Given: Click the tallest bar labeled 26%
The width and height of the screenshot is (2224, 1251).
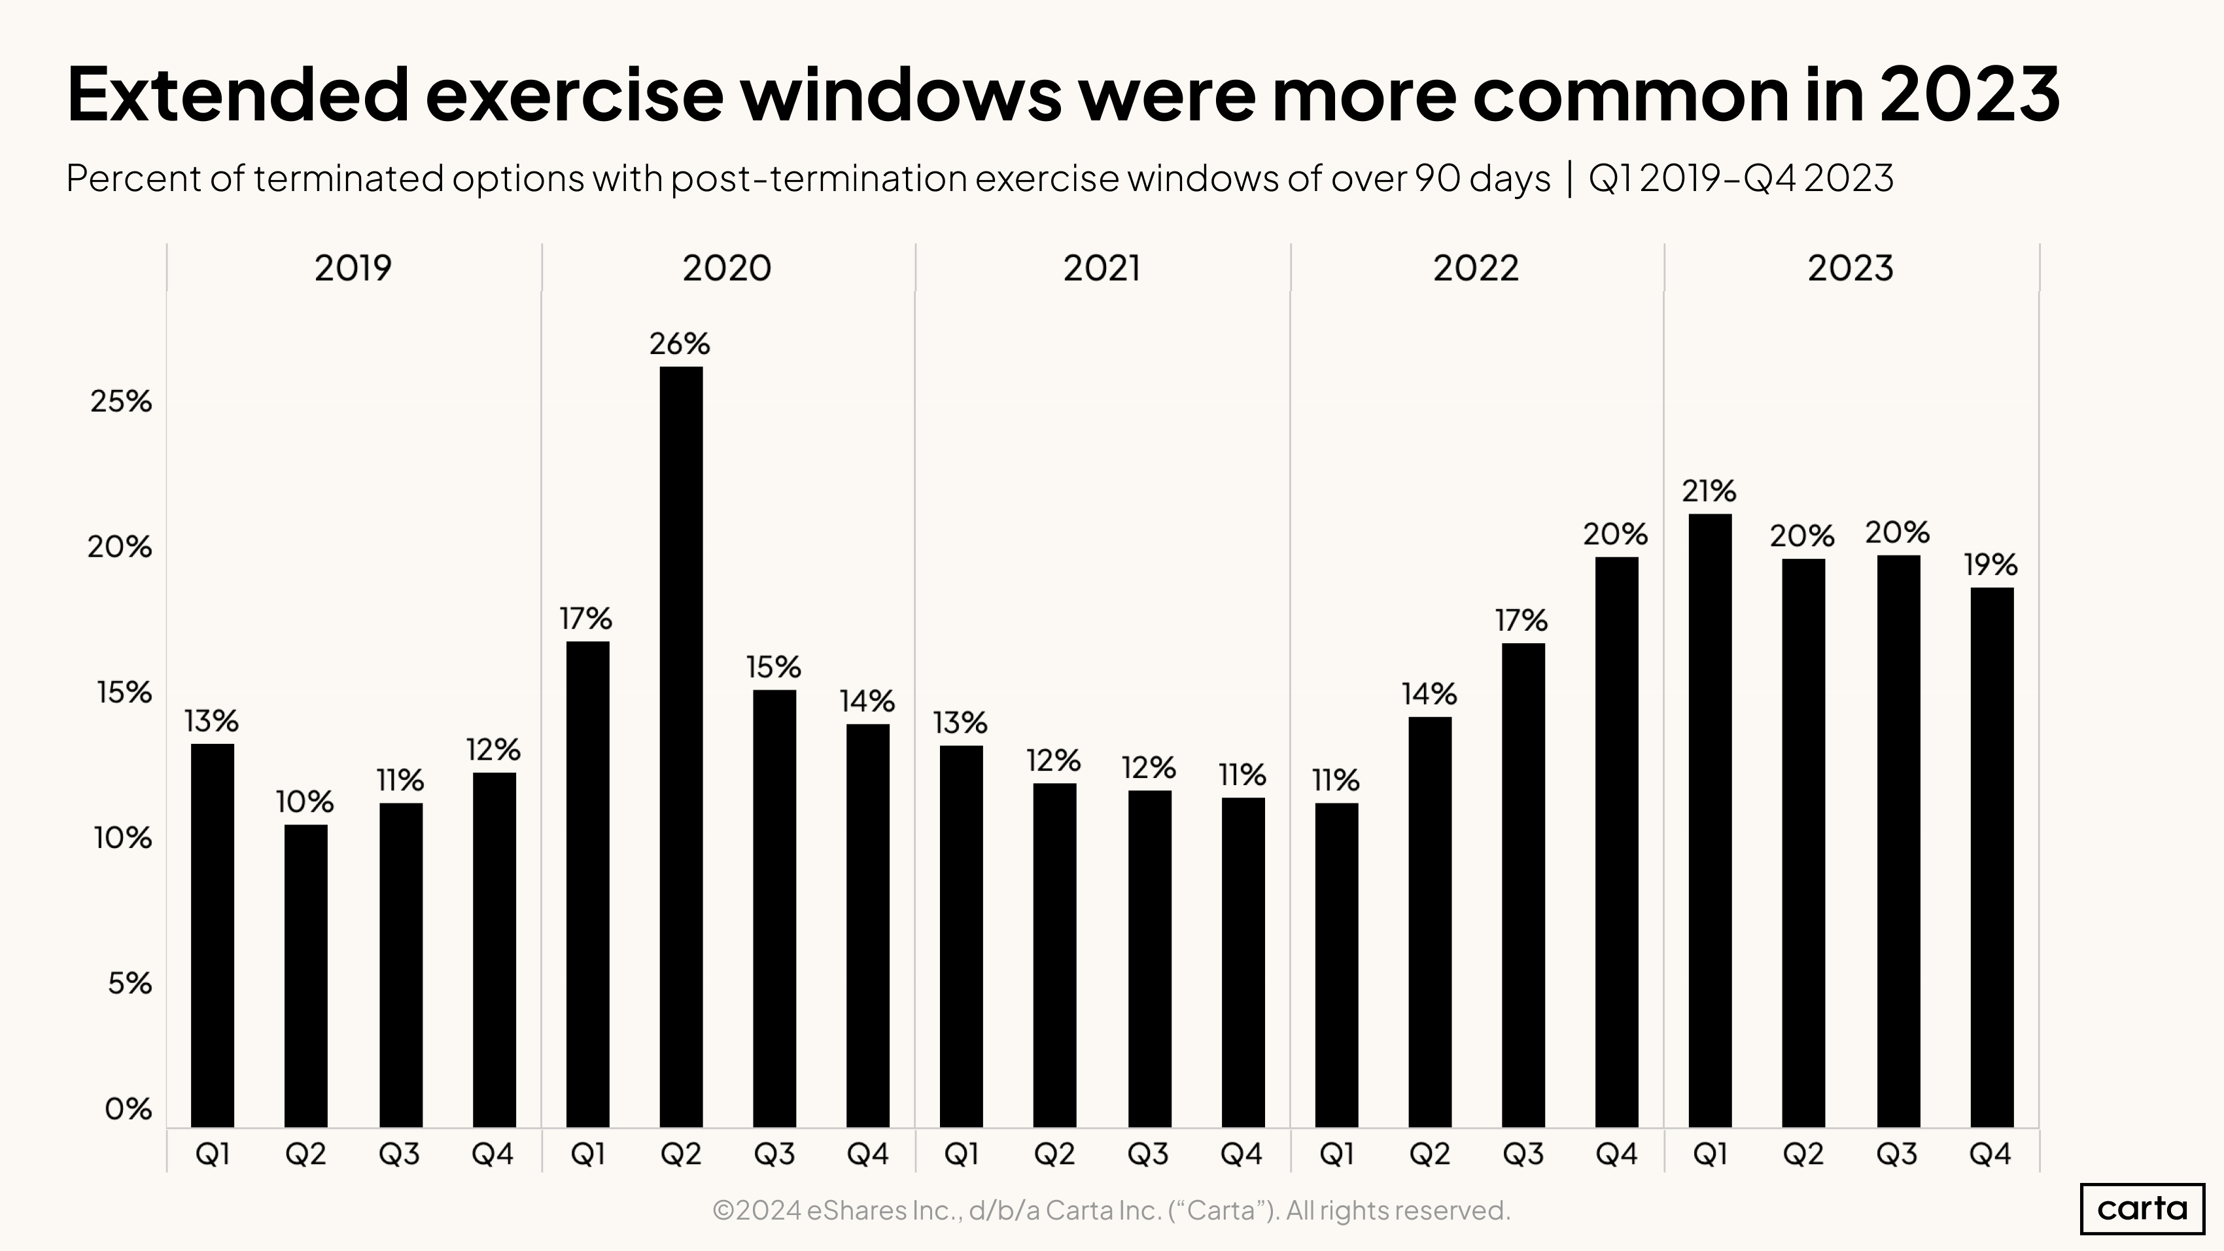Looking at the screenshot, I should (x=680, y=747).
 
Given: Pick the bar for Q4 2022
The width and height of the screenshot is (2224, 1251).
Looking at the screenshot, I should (x=1616, y=842).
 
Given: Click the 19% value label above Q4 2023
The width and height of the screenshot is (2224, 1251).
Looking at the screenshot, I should (x=1990, y=565).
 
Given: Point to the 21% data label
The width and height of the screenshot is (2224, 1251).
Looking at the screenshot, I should (x=1709, y=491).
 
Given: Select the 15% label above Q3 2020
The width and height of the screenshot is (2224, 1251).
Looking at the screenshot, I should (x=774, y=667).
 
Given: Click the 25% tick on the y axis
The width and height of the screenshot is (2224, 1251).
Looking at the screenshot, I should (x=121, y=402).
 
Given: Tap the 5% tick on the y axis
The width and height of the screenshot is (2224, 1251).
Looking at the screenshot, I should (x=130, y=983).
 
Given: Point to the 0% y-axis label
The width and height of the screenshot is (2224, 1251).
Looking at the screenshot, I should (x=128, y=1108).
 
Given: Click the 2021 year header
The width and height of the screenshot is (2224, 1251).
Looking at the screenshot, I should (x=1101, y=268).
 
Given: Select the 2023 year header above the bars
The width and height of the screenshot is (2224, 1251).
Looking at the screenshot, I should (x=1850, y=268).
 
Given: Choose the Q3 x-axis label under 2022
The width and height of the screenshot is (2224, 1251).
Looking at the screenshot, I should (x=1523, y=1154).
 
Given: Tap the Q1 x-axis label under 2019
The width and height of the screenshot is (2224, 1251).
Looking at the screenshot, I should (x=213, y=1154).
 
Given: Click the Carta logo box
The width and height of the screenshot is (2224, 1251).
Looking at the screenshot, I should (x=2142, y=1208).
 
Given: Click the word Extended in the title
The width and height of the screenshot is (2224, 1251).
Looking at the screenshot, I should (x=237, y=94).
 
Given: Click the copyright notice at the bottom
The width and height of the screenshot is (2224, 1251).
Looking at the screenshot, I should (x=1111, y=1210).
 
